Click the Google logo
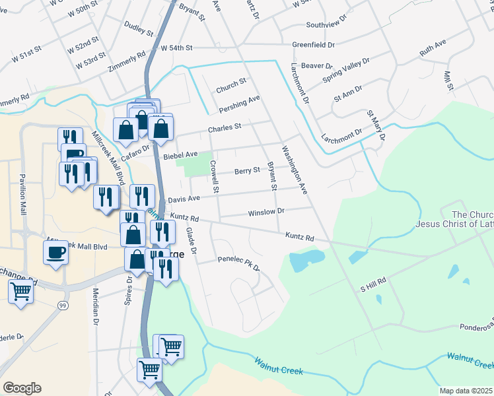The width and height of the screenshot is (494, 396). click(x=22, y=388)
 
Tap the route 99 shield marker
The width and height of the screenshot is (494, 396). click(x=63, y=305)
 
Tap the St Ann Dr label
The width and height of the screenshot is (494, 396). click(x=348, y=92)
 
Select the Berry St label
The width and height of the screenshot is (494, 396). click(x=247, y=171)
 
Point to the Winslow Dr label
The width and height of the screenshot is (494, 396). click(x=265, y=213)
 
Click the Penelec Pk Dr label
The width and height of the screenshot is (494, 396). click(x=239, y=264)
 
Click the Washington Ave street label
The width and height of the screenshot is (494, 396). click(x=295, y=170)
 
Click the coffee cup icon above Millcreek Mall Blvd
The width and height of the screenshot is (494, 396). click(x=55, y=251)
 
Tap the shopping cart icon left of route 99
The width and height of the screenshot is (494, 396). click(x=20, y=290)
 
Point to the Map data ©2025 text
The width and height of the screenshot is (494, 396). click(x=466, y=391)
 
